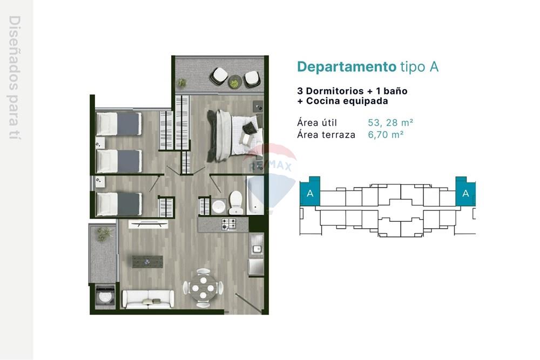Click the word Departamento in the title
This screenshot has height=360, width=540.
coord(347,67)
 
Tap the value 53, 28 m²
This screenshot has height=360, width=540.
coord(390,123)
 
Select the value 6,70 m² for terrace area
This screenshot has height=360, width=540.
coord(386,134)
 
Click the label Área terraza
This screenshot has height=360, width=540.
coord(326,134)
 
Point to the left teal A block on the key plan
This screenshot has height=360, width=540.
coord(310,192)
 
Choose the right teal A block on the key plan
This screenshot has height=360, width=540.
coord(465,192)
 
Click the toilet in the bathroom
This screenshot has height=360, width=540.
coord(236,203)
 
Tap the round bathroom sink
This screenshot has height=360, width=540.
coord(218,207)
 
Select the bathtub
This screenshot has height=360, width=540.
coord(255,195)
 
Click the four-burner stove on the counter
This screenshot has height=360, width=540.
coord(228,225)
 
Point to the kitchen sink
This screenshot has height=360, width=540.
coord(256,244)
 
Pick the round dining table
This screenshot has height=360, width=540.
coord(203,288)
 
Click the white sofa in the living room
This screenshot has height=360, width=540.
coord(148,298)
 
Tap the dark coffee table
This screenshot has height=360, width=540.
coord(148,262)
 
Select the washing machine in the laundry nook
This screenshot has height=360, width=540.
coord(105,296)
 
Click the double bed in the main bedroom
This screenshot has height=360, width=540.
coord(234,135)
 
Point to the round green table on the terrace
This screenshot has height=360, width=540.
coord(235,82)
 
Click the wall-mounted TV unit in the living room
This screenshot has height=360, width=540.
coord(148,225)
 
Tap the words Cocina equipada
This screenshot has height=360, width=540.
coord(347,101)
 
